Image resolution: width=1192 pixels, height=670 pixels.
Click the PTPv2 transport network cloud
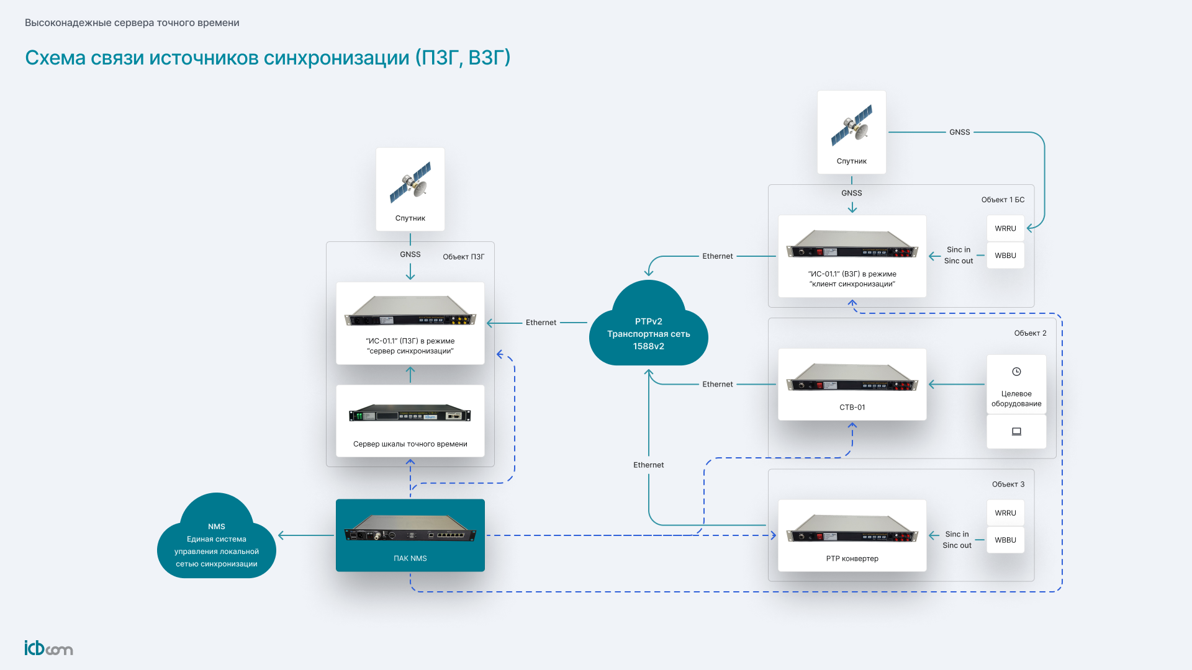tap(648, 329)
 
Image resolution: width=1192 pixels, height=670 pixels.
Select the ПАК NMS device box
tap(410, 535)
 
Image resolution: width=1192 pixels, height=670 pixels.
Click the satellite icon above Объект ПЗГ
tap(410, 182)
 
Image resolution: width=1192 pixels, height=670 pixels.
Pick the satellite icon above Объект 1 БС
tap(852, 125)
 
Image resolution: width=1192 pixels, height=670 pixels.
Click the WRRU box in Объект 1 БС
tap(1005, 228)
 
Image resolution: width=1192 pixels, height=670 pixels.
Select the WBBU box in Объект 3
tap(1005, 540)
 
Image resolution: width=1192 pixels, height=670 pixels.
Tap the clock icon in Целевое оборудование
tap(1016, 372)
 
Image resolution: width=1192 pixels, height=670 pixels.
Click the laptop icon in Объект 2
tap(1016, 431)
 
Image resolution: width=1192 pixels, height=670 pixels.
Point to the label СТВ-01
tap(852, 408)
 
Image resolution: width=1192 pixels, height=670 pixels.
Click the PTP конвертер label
tap(852, 558)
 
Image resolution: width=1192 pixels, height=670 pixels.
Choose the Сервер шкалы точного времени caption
tap(410, 444)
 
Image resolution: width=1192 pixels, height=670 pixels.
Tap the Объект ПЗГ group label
tap(463, 257)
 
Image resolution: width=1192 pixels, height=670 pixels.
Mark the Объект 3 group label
tap(1008, 485)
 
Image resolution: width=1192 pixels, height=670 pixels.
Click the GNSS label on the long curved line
tap(959, 132)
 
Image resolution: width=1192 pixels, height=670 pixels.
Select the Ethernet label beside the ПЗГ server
tap(541, 323)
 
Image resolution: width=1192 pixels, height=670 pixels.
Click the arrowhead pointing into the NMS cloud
tap(282, 535)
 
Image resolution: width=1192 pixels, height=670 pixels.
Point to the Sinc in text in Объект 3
tap(957, 534)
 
